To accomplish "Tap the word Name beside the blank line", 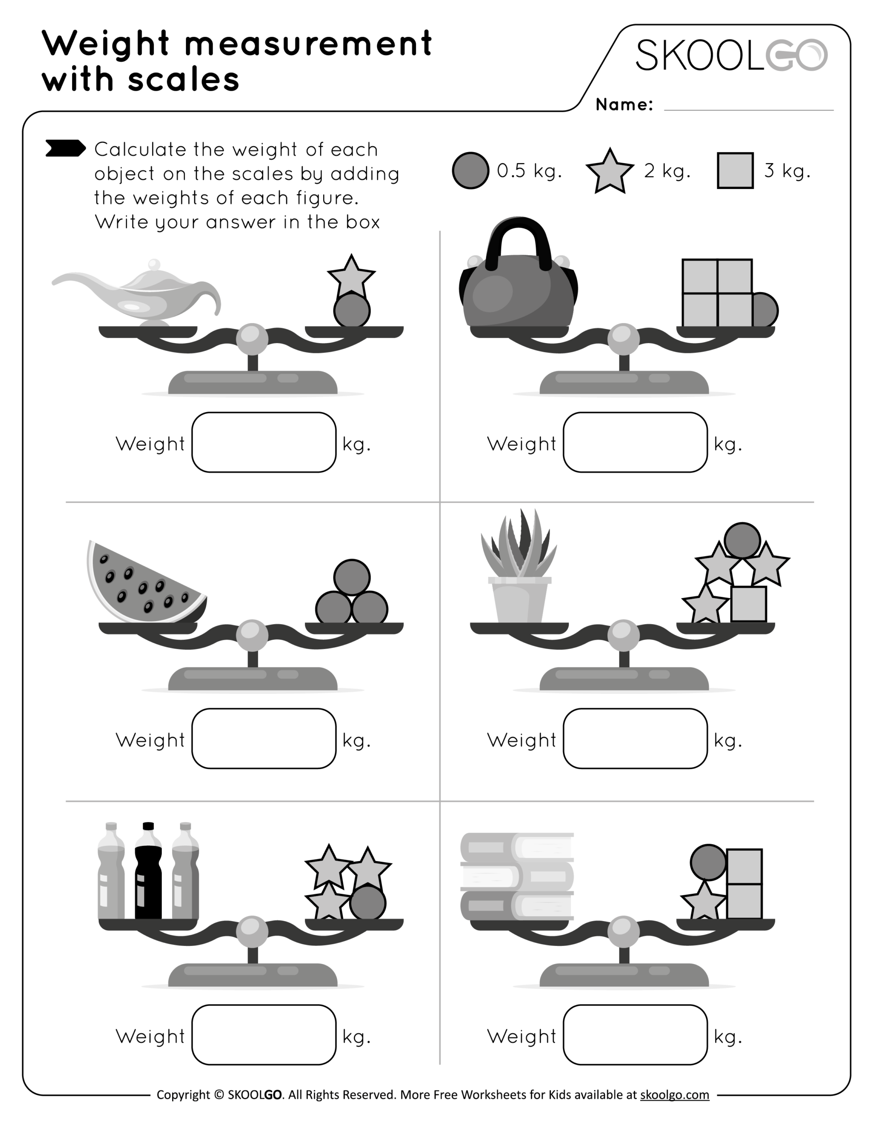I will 623,105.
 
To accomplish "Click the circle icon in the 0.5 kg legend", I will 470,170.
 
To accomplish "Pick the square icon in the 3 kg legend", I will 735,170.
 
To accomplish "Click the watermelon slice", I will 143,584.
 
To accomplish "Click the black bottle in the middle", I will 148,871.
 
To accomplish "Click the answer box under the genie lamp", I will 264,442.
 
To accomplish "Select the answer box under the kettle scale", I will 635,442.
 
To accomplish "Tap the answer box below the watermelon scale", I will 264,738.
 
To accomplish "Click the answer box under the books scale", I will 635,1035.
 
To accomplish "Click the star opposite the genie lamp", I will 351,276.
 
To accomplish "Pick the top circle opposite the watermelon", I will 352,577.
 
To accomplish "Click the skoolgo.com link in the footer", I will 674,1095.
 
